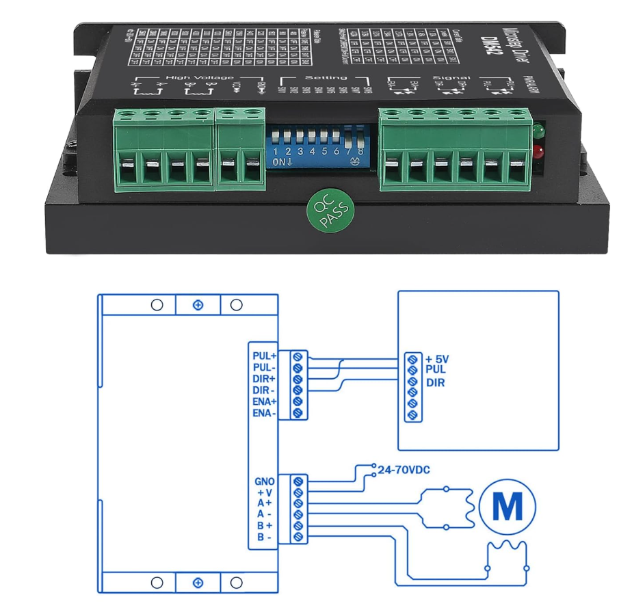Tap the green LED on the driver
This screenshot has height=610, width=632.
point(539,129)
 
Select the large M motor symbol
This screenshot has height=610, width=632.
point(508,507)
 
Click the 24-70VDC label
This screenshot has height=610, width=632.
point(404,468)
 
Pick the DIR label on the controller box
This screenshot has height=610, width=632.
point(435,382)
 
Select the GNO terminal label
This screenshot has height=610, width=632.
point(264,481)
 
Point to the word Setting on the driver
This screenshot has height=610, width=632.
point(326,78)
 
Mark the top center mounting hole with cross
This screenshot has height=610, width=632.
point(198,304)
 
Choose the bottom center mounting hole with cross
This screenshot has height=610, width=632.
point(198,583)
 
